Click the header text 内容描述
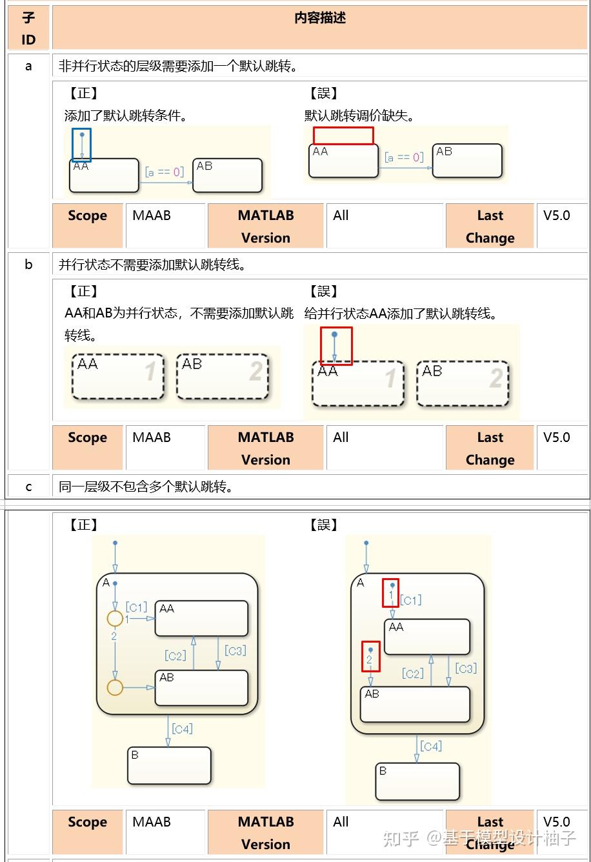(x=320, y=18)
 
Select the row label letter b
(x=28, y=265)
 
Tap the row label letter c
(x=28, y=486)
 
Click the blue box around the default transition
(x=81, y=145)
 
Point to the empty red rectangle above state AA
(x=343, y=135)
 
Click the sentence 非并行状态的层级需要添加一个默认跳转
(x=178, y=66)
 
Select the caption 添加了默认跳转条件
(x=126, y=116)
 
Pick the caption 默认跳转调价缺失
(x=360, y=116)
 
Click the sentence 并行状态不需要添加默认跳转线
(x=152, y=265)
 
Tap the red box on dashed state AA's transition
(x=336, y=346)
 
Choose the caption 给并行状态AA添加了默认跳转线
(x=401, y=314)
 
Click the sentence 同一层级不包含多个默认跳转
(x=146, y=486)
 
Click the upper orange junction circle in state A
(x=115, y=619)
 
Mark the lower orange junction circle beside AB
(x=115, y=687)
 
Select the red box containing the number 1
(x=390, y=592)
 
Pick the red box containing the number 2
(x=370, y=656)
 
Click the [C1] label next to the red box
(x=411, y=600)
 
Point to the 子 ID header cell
(x=28, y=28)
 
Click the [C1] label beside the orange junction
(x=136, y=607)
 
